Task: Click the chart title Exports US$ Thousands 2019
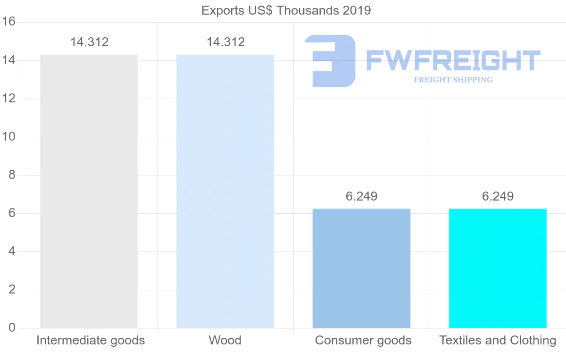(286, 10)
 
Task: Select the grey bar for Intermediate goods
(89, 191)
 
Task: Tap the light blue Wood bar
(225, 191)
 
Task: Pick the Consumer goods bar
(361, 268)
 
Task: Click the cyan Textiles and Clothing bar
(498, 268)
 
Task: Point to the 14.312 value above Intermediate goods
(89, 42)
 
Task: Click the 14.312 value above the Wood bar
(225, 42)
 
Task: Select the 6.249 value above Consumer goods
(361, 196)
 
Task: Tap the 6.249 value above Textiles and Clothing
(498, 196)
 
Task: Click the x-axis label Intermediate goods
(91, 340)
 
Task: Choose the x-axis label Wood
(225, 340)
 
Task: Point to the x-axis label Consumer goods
(363, 340)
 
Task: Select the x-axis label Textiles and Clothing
(498, 340)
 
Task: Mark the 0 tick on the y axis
(12, 328)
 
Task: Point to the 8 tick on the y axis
(12, 175)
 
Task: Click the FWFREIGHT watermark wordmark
(453, 60)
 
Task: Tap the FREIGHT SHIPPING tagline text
(453, 80)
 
